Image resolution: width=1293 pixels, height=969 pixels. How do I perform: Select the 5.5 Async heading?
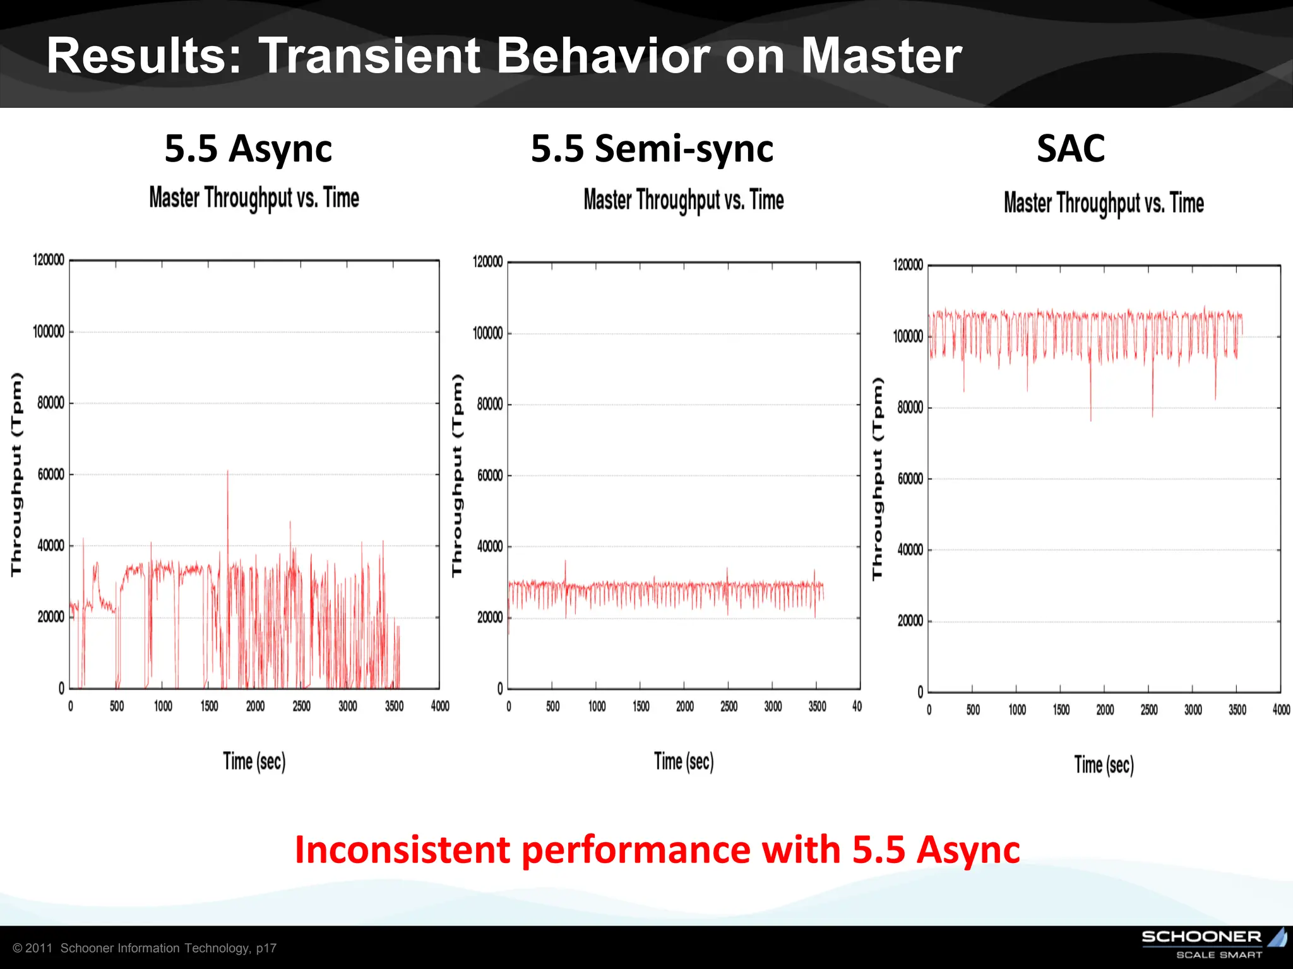(248, 149)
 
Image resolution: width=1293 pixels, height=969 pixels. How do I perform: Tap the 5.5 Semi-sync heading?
(652, 149)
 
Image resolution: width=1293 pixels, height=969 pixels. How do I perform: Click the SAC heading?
(1071, 149)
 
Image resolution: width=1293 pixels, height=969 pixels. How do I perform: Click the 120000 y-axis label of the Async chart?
(49, 260)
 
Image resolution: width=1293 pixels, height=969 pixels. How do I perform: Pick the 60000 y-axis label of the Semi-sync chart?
(490, 476)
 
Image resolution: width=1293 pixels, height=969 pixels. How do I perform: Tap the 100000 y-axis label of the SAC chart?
(908, 336)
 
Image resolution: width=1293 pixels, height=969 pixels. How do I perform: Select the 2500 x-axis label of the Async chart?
(301, 706)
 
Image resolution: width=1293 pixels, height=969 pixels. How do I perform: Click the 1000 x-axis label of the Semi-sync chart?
(597, 707)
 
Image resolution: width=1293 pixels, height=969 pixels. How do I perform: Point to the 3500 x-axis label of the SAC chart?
(1237, 710)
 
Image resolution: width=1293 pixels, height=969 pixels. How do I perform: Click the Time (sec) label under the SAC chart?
(1104, 765)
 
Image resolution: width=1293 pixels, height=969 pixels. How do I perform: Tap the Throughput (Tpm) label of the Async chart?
(16, 474)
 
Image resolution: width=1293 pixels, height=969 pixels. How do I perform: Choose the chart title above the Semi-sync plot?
(683, 200)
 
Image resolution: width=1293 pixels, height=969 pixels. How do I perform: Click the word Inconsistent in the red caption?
(401, 850)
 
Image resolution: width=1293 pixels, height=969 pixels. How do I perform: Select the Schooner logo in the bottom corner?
(1212, 943)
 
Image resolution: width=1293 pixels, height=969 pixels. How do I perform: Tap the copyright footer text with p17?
(145, 948)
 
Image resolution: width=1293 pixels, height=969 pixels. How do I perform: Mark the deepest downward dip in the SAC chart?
(1090, 419)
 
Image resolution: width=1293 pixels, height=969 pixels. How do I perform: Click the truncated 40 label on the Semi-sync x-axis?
(857, 707)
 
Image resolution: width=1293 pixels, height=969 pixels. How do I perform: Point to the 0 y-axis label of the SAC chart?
(921, 693)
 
